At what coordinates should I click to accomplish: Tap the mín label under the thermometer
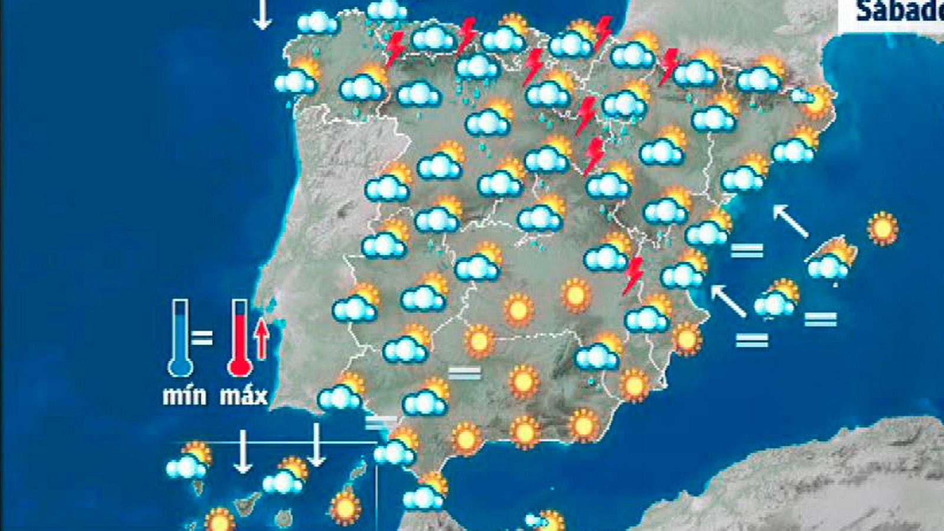(x=185, y=396)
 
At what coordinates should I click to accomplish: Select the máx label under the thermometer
(x=244, y=396)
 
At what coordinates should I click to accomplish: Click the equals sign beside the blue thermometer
(x=202, y=337)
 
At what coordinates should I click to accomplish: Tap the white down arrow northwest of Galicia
(x=262, y=14)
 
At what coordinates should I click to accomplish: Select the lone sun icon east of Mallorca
(x=883, y=228)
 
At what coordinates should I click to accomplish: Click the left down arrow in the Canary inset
(x=242, y=451)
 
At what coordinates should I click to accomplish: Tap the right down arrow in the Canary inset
(x=317, y=445)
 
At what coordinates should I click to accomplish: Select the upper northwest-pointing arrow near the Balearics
(x=791, y=221)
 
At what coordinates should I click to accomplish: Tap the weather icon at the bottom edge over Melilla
(x=546, y=521)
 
